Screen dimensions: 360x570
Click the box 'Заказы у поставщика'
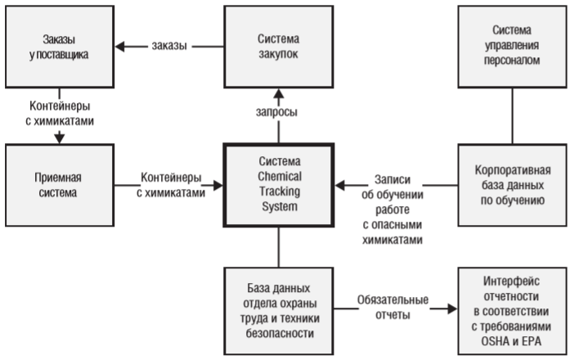tap(57, 46)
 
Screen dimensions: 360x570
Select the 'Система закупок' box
tap(279, 46)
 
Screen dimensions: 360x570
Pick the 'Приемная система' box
tap(56, 184)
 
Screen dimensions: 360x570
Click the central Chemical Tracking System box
tap(279, 185)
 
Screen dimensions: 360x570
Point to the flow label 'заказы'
tap(169, 47)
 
